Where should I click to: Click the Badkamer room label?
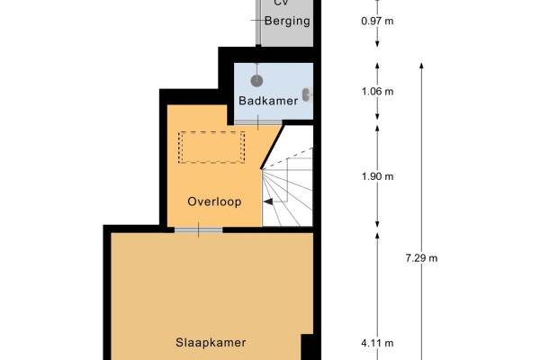pos(268,101)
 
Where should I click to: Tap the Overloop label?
pos(214,202)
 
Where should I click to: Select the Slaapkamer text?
pos(211,342)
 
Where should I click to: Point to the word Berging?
pos(287,21)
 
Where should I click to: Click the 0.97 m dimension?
pos(377,21)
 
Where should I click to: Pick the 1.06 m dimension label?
pos(377,92)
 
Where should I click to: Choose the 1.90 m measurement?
pos(377,176)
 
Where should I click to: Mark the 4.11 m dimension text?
pos(377,343)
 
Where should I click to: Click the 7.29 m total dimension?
pos(421,258)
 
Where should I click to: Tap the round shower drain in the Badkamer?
pos(256,81)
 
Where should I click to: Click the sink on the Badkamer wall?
pos(307,94)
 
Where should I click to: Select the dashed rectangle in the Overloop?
pos(211,147)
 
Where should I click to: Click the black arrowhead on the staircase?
pos(268,202)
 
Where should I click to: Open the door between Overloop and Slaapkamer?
pos(198,230)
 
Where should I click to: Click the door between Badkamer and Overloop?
pos(258,122)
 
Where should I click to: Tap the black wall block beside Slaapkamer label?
pos(308,346)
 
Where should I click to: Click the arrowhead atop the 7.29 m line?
pos(421,66)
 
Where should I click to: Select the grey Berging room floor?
pos(287,23)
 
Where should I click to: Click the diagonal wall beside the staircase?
pos(273,147)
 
